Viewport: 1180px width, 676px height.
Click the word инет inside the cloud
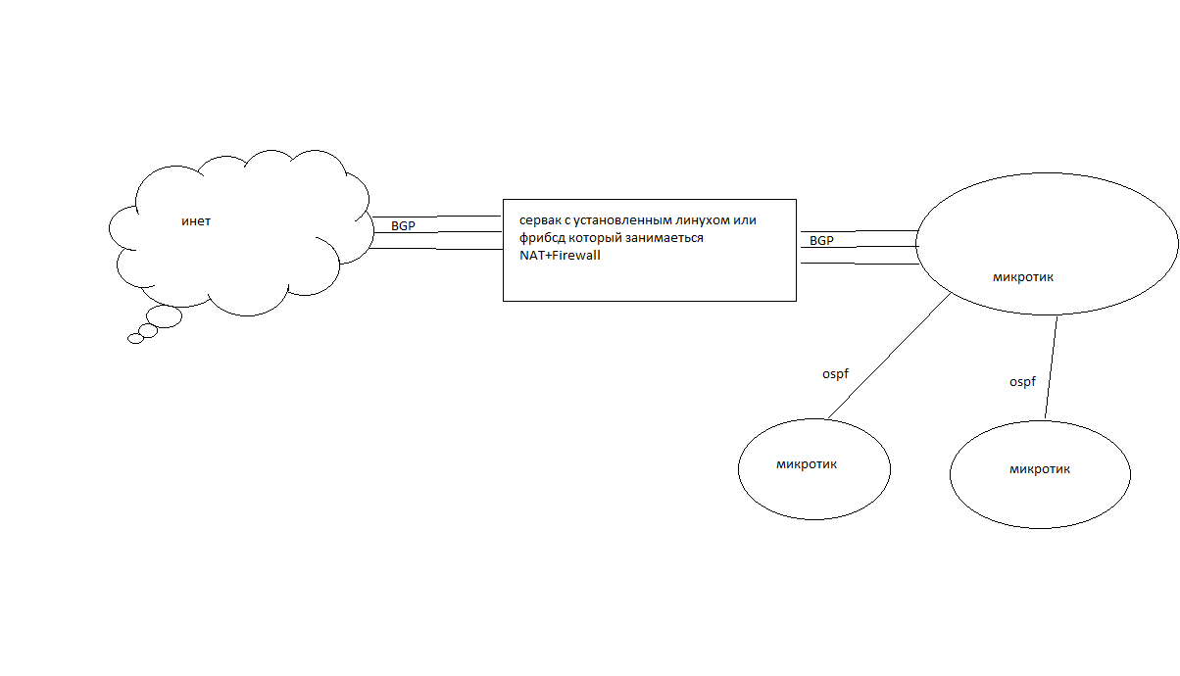196,221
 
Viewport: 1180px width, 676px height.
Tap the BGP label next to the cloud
403,226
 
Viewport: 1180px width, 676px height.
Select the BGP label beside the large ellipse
821,240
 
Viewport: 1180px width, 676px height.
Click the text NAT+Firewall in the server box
560,255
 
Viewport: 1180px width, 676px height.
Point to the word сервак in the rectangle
541,220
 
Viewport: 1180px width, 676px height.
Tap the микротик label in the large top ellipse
1023,277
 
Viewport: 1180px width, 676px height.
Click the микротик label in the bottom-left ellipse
807,464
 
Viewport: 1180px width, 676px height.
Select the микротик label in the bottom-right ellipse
1040,469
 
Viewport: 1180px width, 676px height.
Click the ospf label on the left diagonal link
835,374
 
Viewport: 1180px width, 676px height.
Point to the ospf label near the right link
1022,382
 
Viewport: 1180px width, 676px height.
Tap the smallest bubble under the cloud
135,339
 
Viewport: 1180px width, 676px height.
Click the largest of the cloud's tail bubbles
165,316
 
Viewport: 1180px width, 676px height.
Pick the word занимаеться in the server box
664,238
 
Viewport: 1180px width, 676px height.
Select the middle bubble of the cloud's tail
148,331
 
